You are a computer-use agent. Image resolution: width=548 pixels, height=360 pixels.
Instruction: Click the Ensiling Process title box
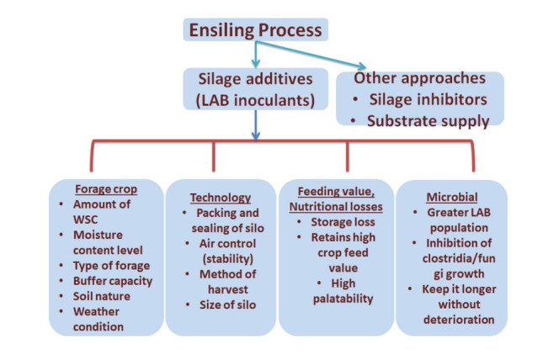255,29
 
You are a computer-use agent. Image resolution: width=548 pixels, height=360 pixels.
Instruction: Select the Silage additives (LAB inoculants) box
255,89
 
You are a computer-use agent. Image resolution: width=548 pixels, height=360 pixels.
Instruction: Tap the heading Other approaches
419,78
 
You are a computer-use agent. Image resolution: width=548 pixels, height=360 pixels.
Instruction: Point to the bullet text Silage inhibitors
428,99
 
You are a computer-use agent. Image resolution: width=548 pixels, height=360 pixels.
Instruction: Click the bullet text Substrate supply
428,121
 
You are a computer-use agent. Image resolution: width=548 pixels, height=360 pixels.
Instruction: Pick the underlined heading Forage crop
106,189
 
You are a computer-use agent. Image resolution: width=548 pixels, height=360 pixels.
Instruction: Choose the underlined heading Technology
221,198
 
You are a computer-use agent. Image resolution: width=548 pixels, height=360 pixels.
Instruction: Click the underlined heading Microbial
452,198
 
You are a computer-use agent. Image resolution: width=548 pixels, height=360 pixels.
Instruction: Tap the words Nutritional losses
336,207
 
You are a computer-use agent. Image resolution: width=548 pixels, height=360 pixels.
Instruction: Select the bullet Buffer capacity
113,281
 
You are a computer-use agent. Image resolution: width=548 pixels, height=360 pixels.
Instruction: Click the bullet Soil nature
101,296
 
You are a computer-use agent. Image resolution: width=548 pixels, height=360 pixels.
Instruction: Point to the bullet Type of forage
111,266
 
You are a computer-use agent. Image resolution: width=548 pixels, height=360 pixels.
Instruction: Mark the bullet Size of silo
227,304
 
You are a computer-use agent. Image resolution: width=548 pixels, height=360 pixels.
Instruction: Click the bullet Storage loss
343,222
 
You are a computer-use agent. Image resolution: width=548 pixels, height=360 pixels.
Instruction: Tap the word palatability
343,299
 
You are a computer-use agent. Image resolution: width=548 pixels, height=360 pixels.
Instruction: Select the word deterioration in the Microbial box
459,320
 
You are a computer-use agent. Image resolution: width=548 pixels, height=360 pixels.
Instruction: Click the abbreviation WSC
85,220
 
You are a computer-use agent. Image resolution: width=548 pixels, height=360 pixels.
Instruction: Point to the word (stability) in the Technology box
228,259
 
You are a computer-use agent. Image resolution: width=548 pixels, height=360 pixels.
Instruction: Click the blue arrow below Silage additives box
255,125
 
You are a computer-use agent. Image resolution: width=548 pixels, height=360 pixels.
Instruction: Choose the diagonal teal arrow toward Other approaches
311,55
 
